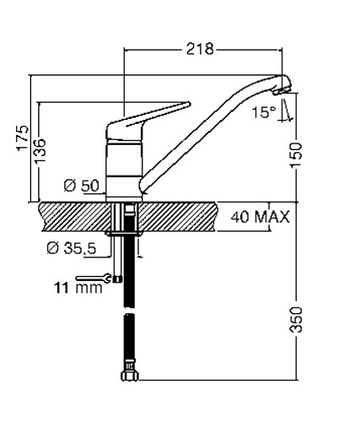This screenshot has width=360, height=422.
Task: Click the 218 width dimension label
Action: [x=200, y=49]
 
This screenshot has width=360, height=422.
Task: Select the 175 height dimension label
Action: [x=23, y=138]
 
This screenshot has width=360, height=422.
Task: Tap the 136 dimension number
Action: [x=40, y=150]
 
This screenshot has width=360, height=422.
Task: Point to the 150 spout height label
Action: [x=296, y=155]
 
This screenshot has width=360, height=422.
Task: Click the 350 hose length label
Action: [x=296, y=320]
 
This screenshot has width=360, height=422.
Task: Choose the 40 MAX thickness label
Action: [x=260, y=217]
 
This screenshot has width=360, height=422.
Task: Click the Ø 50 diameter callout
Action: [x=82, y=186]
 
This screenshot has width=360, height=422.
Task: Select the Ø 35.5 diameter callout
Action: [x=72, y=248]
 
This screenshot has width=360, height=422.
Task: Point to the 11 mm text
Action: [x=78, y=288]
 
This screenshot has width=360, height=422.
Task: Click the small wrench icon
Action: [x=94, y=279]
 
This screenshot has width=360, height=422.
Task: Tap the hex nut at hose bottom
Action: [x=129, y=376]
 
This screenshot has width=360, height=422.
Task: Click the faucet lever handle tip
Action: [x=189, y=104]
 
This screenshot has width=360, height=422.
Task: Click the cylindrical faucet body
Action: [x=124, y=170]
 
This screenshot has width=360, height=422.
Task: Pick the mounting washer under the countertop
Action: [x=123, y=233]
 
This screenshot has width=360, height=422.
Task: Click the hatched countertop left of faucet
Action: [x=74, y=217]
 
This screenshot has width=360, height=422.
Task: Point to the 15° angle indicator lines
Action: [x=286, y=111]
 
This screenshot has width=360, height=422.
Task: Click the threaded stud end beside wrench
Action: [x=117, y=279]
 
